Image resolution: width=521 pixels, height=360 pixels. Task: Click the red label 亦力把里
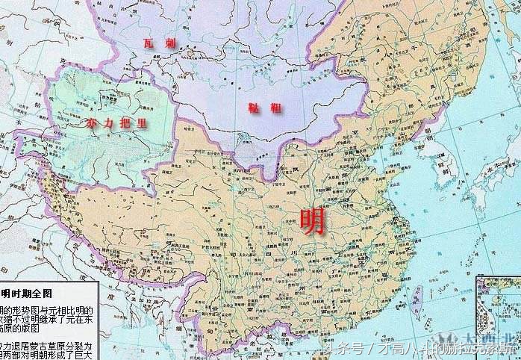coord(116,123)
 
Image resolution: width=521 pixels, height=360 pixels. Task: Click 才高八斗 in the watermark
coord(402,349)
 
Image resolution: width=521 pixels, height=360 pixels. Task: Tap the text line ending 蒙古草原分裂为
coord(46,346)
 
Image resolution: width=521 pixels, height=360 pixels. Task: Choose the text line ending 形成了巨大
coord(46,356)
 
